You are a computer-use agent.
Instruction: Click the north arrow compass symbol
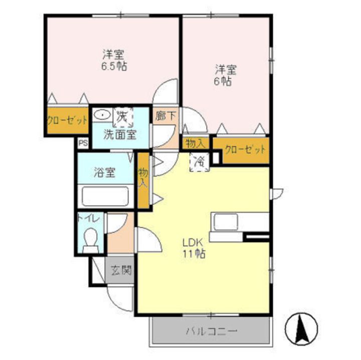click(x=302, y=329)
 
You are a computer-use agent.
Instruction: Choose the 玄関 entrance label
click(x=121, y=272)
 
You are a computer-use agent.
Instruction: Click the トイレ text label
click(x=90, y=219)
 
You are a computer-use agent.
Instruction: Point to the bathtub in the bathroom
click(x=106, y=197)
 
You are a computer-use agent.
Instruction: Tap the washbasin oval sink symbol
click(x=102, y=114)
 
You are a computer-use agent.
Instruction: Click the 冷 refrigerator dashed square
click(x=200, y=162)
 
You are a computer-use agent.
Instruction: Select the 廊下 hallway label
click(x=165, y=116)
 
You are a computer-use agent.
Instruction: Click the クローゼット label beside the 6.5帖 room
click(x=68, y=121)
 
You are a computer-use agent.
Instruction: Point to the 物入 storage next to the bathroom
click(x=143, y=179)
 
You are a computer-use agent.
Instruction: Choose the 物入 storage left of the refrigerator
click(x=195, y=143)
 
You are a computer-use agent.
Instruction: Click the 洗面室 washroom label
click(x=120, y=134)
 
